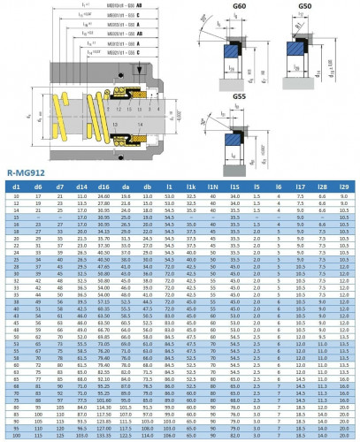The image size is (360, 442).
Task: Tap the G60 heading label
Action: click(x=240, y=7)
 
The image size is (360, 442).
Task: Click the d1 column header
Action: click(x=15, y=187)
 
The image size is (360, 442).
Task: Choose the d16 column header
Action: click(x=103, y=187)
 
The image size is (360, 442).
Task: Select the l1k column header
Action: click(x=192, y=187)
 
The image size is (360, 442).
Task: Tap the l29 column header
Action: click(x=345, y=187)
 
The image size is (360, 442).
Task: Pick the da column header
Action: click(x=126, y=187)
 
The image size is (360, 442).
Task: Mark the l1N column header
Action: click(x=213, y=187)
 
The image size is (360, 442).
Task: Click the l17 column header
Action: click(x=301, y=187)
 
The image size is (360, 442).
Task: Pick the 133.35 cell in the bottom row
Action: click(x=103, y=436)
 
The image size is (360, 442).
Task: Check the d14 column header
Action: click(x=81, y=187)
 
